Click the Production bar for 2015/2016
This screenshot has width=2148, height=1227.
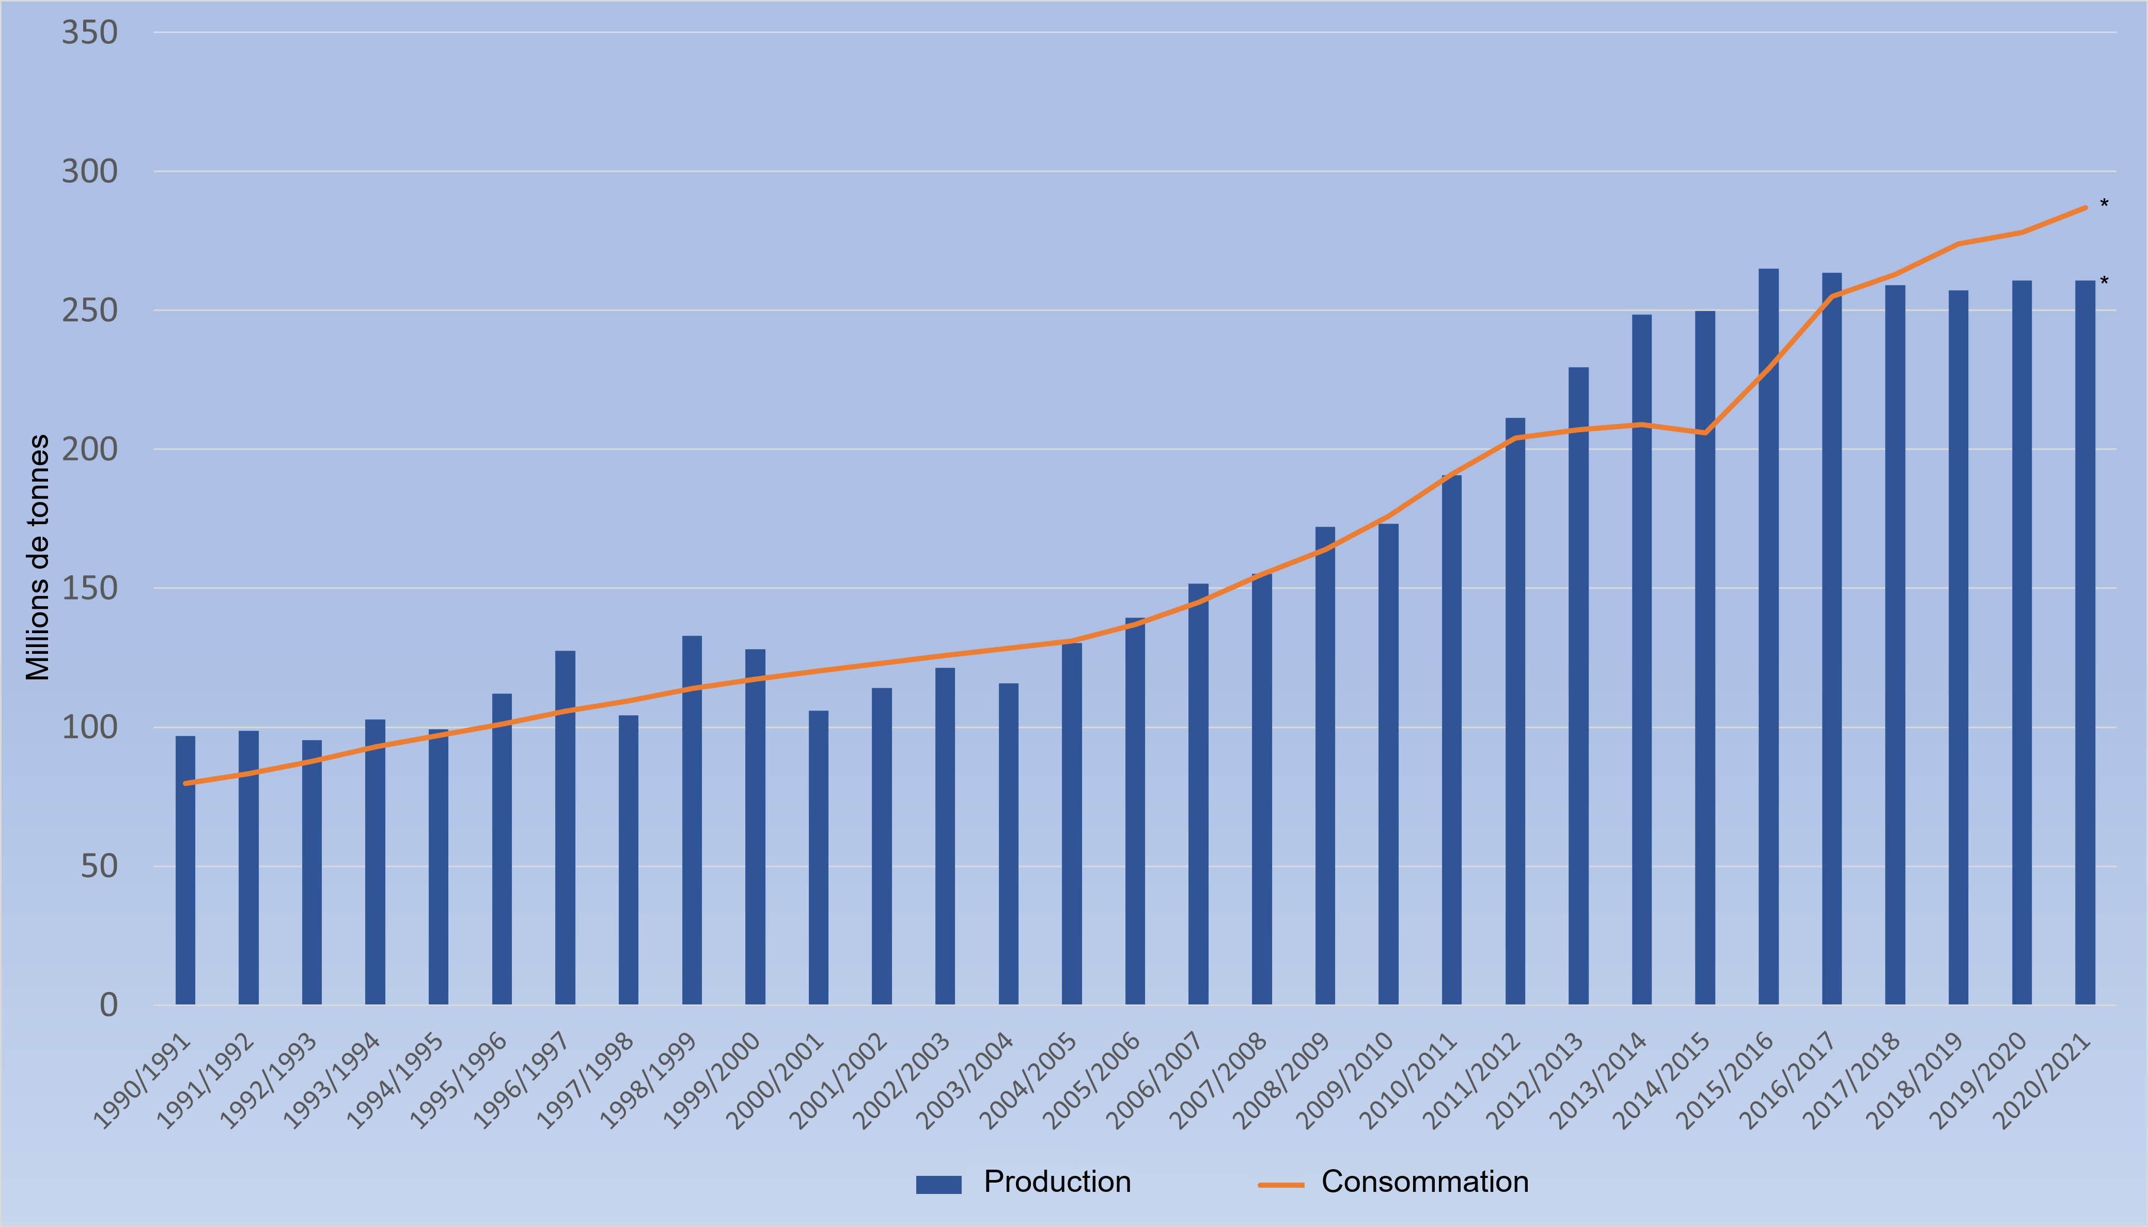click(x=1768, y=640)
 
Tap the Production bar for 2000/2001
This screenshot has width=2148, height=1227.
click(x=818, y=860)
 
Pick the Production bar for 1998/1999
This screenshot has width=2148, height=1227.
click(x=692, y=822)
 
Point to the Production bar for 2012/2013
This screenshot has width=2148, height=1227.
click(x=1578, y=687)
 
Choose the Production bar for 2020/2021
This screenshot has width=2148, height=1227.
click(x=2085, y=644)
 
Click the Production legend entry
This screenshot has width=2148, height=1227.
click(x=1023, y=1183)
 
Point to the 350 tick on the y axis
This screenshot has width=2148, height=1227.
click(x=89, y=33)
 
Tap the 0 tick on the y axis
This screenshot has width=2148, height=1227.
click(x=108, y=1004)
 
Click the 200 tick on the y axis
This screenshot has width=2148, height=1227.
click(x=89, y=449)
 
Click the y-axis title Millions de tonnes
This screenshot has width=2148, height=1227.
click(x=38, y=557)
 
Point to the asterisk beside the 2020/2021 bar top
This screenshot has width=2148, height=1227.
click(x=2104, y=280)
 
